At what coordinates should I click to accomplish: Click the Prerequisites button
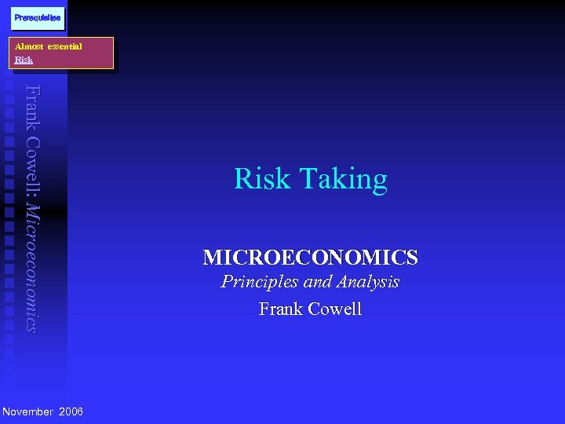tap(38, 17)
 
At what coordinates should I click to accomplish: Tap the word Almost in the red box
tap(29, 46)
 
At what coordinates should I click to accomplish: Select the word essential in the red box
tap(64, 46)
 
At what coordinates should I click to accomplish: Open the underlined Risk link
tap(24, 59)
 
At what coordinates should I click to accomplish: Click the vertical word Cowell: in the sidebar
tap(31, 166)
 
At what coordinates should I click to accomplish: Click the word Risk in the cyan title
tap(262, 180)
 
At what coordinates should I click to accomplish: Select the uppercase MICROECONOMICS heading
tap(310, 258)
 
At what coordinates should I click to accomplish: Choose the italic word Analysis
tap(370, 282)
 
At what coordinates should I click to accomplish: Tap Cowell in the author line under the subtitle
tap(335, 309)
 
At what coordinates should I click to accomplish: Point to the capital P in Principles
tap(227, 282)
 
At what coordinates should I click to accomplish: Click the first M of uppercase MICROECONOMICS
tap(211, 258)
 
